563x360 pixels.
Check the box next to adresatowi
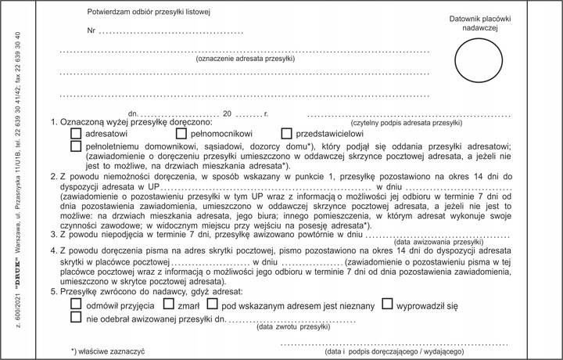tap(76, 134)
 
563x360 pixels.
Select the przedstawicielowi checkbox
tap(286, 134)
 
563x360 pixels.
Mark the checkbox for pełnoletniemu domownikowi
tap(76, 146)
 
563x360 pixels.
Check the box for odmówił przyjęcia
tap(76, 304)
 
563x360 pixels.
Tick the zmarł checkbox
tap(169, 304)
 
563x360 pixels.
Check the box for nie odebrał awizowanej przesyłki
tap(76, 319)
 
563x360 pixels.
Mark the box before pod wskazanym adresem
tap(213, 304)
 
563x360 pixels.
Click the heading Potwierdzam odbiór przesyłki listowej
tap(149, 13)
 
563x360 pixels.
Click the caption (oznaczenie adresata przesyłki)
tap(245, 59)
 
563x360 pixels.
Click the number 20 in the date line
tap(228, 114)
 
